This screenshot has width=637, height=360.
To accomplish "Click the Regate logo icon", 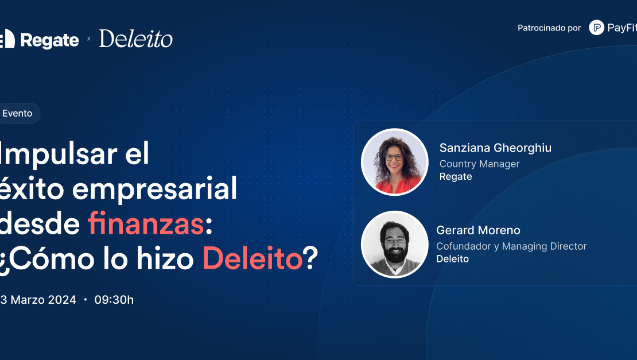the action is (x=7, y=39).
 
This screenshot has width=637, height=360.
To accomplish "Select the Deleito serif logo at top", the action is (x=135, y=38).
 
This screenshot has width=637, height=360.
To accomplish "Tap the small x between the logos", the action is (x=88, y=38).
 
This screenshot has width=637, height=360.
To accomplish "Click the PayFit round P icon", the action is (x=596, y=28).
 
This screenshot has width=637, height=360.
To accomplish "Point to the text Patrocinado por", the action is (x=549, y=28).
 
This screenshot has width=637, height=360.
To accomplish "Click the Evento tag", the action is (x=19, y=113).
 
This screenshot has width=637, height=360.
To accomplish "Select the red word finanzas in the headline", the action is (x=145, y=223).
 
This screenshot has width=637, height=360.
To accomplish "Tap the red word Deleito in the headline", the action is (x=253, y=259).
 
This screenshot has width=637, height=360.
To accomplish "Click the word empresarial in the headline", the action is (x=154, y=189).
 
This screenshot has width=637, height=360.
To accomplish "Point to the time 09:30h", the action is (x=114, y=300).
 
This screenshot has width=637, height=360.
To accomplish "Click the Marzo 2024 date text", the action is (x=43, y=300).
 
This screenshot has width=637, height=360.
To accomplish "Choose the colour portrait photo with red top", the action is (x=394, y=162).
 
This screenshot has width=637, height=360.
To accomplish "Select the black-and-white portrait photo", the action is (x=394, y=245).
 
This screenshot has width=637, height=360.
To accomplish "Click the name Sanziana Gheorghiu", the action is (x=495, y=148).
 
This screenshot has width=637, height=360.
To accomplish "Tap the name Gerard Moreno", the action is (x=478, y=230).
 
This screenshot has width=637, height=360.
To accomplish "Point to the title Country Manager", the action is (x=479, y=164).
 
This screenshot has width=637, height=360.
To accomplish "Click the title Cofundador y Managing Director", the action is (x=511, y=246).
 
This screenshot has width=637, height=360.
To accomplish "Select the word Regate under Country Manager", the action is (x=456, y=177).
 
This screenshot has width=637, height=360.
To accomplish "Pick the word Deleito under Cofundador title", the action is (x=453, y=259).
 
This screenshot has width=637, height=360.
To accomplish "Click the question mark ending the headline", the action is (x=311, y=258).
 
